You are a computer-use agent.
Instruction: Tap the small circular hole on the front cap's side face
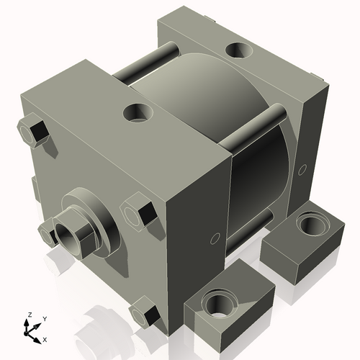point(214,238)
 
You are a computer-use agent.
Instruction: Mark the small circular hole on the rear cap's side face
point(303,169)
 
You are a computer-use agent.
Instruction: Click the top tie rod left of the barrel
point(144,64)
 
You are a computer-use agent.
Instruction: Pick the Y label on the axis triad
point(44,318)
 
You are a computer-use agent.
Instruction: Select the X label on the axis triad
point(45,338)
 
